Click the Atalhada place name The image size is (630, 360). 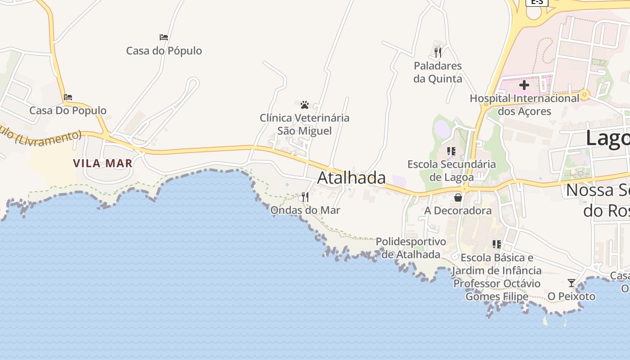click(x=351, y=178)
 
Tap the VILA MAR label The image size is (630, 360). click(x=103, y=163)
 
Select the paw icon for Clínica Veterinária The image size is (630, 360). click(x=305, y=105)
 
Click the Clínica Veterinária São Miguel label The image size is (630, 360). click(x=305, y=124)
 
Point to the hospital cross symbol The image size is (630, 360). click(x=524, y=85)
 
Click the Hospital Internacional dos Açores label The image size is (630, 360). click(x=525, y=104)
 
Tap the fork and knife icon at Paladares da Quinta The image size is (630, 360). click(x=438, y=53)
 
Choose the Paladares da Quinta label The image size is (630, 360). click(x=438, y=72)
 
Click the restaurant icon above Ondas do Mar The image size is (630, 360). click(x=305, y=197)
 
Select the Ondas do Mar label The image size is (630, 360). click(x=305, y=210)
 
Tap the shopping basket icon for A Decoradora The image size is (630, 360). click(x=458, y=198)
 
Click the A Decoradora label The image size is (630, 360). click(x=458, y=211)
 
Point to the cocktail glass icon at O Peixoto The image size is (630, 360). click(x=571, y=283)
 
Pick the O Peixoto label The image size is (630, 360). click(x=571, y=297)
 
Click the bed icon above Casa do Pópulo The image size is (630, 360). click(x=164, y=37)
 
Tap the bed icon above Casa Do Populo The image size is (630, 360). click(x=68, y=97)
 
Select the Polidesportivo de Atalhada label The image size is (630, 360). click(x=411, y=248)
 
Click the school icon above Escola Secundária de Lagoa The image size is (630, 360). click(x=451, y=151)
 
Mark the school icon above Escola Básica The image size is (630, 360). click(x=497, y=244)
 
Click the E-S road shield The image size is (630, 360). click(x=537, y=2)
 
